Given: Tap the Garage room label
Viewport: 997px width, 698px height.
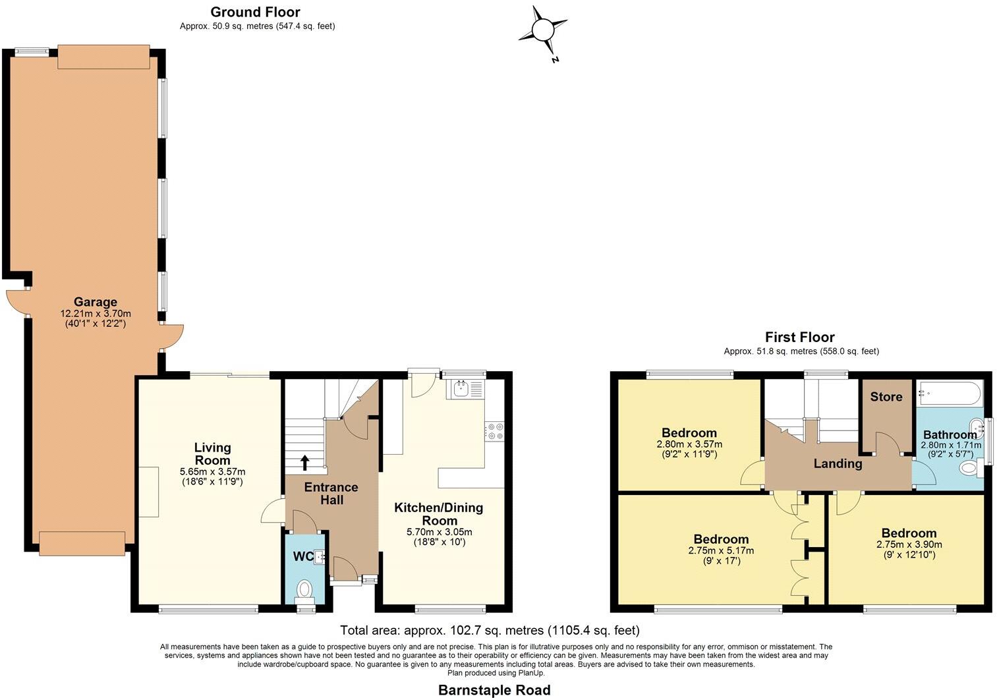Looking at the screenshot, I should (x=96, y=303).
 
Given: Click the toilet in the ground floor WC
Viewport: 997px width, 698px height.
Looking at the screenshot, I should (x=304, y=588).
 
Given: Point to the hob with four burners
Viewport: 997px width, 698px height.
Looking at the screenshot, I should (x=494, y=431).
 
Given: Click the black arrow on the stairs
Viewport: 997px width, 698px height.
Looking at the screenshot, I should (x=305, y=462).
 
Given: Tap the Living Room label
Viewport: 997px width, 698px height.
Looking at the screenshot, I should (x=212, y=454).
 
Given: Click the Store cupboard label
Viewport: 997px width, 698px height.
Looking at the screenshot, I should (x=886, y=397).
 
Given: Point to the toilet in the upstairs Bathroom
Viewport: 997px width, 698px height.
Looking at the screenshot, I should (x=969, y=469).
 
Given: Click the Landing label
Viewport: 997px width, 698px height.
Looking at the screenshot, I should (x=838, y=463).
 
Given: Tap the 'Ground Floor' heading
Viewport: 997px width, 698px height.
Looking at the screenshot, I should (x=255, y=12).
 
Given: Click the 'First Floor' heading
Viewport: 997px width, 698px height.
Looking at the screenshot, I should (x=799, y=337).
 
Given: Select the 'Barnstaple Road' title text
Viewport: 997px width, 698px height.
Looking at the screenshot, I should (x=494, y=690).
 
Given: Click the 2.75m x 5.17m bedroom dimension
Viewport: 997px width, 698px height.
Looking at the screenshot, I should (x=721, y=550).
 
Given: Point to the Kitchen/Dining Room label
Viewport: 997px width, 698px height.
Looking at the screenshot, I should (x=438, y=513).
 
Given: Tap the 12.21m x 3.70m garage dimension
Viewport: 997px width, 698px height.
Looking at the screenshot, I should (x=96, y=314).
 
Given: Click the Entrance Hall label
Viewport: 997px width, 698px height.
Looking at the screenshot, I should (x=331, y=493).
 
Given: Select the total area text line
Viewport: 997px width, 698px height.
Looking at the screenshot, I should (x=490, y=630).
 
